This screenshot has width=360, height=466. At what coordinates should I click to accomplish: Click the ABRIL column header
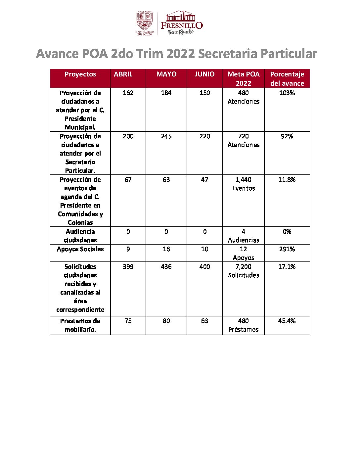click(x=123, y=74)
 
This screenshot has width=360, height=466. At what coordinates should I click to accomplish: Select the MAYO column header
click(x=166, y=74)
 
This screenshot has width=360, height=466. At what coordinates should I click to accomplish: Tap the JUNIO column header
click(x=204, y=74)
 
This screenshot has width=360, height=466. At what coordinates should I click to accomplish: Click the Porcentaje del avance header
click(x=287, y=79)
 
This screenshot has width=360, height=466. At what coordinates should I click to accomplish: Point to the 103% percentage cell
click(x=287, y=93)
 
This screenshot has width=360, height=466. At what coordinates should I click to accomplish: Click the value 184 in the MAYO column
click(x=166, y=93)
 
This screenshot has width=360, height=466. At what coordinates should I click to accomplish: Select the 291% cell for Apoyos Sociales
click(x=287, y=249)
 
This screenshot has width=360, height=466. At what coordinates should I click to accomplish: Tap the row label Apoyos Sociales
click(x=80, y=249)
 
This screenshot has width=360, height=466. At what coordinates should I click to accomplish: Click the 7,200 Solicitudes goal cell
click(x=244, y=271)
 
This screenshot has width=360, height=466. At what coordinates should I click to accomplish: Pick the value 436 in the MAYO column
click(x=166, y=267)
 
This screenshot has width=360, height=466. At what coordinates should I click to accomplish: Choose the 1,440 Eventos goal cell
click(x=244, y=184)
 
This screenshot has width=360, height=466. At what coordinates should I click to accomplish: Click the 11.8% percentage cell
click(x=287, y=180)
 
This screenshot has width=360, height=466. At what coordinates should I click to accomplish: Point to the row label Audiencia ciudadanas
click(x=80, y=236)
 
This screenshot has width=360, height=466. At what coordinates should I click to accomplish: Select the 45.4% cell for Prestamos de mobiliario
click(x=287, y=321)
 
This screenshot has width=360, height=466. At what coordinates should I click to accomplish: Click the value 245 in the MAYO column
click(x=166, y=136)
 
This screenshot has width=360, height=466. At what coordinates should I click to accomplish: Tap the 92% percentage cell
click(x=287, y=136)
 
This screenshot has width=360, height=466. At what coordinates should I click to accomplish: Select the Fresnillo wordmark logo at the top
click(x=181, y=23)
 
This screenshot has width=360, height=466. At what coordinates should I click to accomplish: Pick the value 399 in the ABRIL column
click(x=128, y=267)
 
